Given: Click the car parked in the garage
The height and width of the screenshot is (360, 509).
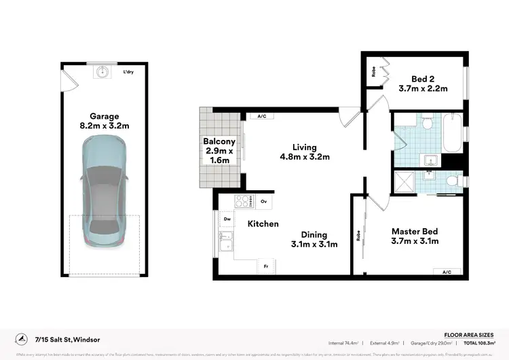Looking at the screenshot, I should point(104,190).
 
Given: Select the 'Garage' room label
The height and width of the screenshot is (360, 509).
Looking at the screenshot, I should point(104,116).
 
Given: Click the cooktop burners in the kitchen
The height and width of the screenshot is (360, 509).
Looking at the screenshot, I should point(242,201).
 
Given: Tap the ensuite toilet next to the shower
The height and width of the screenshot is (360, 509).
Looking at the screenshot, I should point(451,180).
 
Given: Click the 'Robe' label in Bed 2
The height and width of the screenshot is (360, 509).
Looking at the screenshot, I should point(374,71).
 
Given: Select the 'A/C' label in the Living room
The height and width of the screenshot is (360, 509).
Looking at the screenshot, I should point(261,116).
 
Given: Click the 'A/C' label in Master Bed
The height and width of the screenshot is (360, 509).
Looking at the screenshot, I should point(446,272).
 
